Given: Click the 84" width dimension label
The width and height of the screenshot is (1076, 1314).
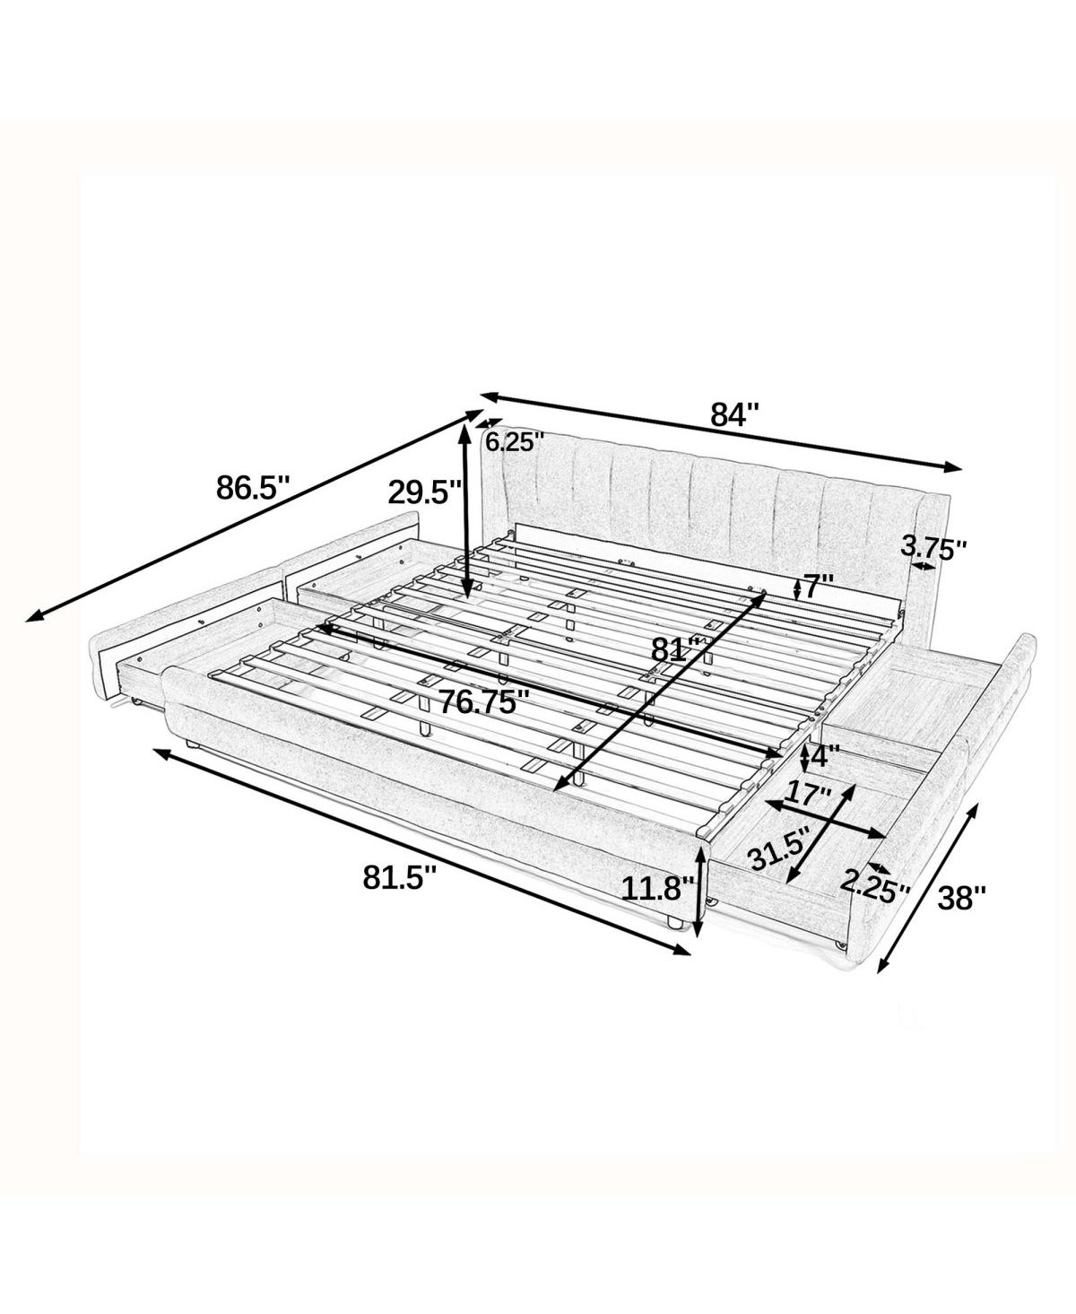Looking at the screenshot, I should pos(734,414).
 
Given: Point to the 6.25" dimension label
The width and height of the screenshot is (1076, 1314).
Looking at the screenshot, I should pos(515,441).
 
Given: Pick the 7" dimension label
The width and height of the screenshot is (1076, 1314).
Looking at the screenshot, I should pos(819,587).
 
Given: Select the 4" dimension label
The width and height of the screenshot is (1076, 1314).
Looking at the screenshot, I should pos(823,757).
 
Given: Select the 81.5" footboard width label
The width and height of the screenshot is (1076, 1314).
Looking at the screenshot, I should pos(400,876).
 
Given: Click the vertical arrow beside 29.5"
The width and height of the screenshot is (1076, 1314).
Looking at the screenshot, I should pos(464,511).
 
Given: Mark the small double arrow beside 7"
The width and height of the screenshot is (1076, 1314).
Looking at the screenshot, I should pos(797,587).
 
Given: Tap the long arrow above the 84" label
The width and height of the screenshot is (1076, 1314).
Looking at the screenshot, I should pos(722,431).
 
